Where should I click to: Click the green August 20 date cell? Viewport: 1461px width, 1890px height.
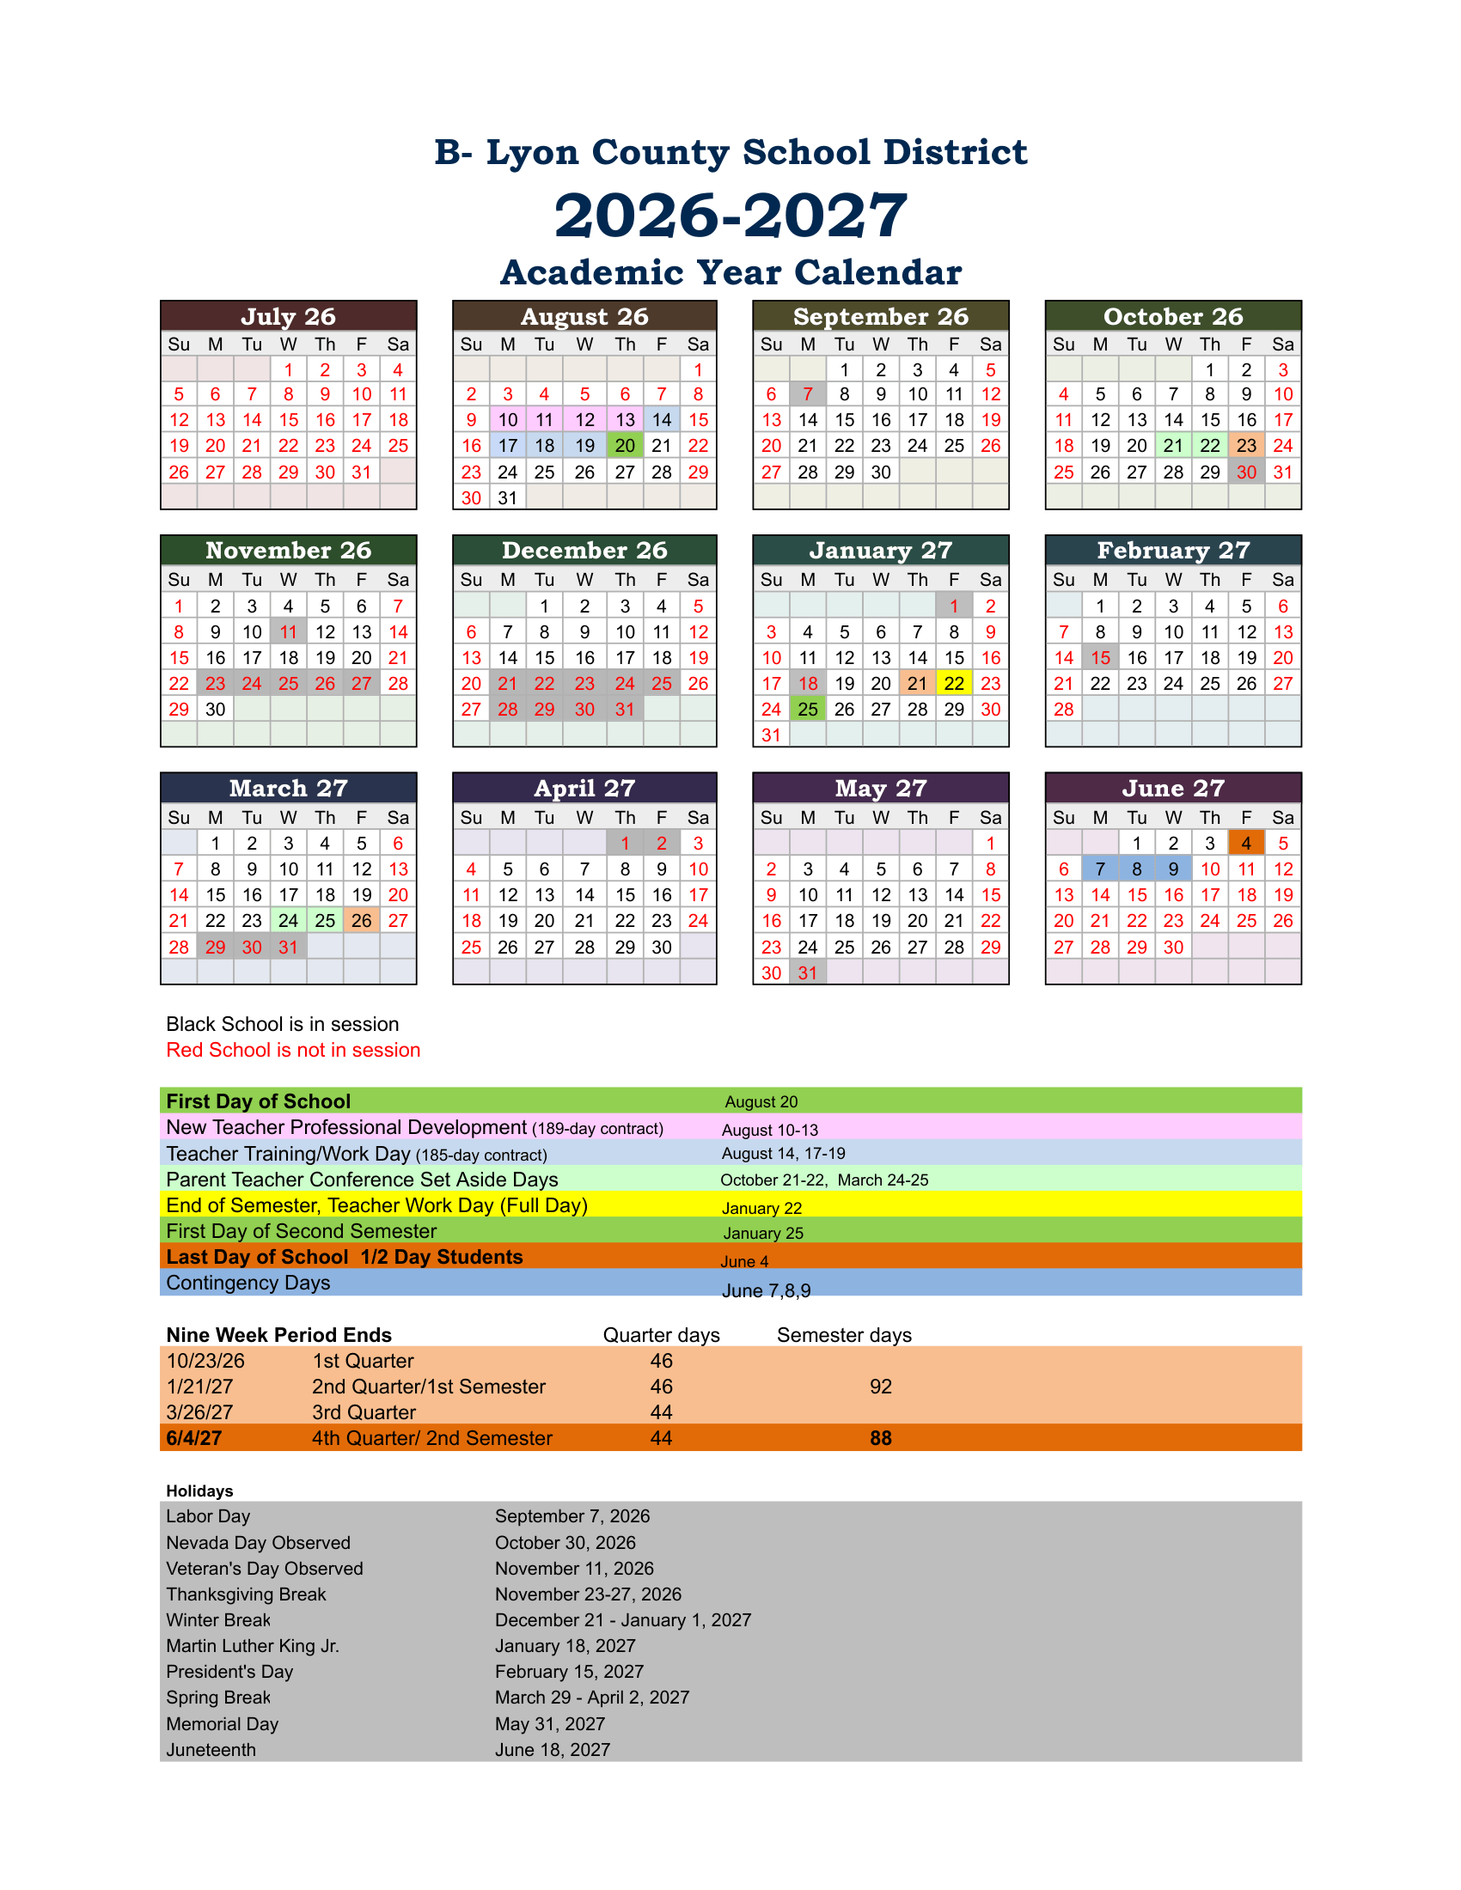pos(625,446)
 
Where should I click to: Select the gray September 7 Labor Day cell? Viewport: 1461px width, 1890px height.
pos(808,394)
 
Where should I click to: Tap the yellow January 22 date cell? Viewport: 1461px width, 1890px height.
pos(954,684)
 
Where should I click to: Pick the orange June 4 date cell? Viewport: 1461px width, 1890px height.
pos(1246,843)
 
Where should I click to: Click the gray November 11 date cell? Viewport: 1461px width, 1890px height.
pos(288,631)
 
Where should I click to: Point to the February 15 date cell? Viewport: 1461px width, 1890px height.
pos(1100,658)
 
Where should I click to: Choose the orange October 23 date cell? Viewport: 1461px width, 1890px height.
pos(1246,446)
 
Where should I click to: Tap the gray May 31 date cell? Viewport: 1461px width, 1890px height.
pos(808,972)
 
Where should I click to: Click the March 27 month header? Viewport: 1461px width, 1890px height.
pos(288,788)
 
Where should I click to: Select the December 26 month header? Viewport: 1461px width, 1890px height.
pos(584,551)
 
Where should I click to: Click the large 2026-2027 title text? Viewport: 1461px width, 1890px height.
pos(730,215)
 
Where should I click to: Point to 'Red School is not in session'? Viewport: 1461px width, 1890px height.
pos(293,1050)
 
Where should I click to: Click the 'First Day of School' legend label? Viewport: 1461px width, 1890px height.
pos(258,1100)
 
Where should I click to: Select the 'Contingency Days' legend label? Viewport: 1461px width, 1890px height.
pos(248,1283)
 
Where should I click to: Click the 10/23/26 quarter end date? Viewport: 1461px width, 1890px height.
pos(206,1361)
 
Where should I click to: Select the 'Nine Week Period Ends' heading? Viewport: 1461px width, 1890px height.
pos(278,1334)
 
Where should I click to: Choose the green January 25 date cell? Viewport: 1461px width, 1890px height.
pos(808,710)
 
